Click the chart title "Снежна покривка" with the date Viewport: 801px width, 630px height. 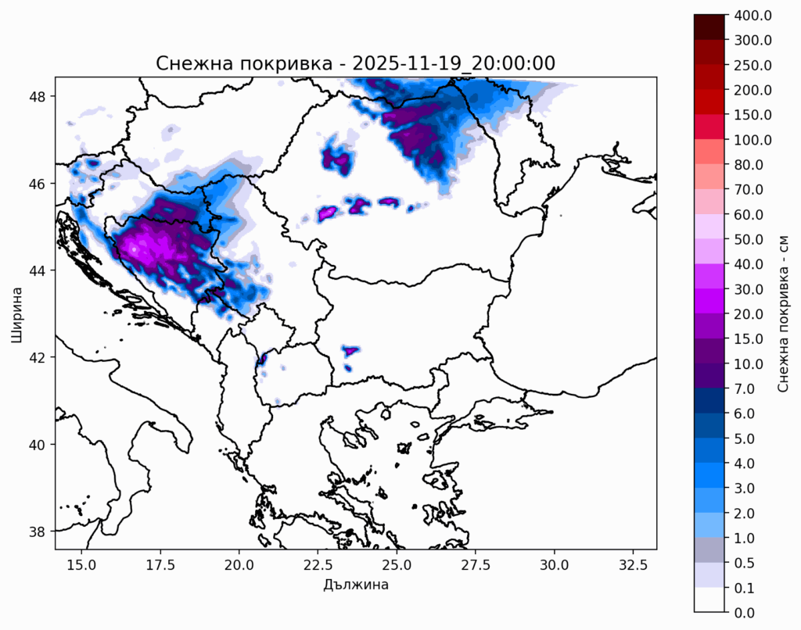(355, 63)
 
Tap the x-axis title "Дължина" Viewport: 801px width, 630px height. (356, 585)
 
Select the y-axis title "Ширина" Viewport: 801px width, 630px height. (16, 313)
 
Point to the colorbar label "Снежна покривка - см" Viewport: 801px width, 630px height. (782, 313)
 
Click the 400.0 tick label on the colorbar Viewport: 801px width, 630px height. (753, 16)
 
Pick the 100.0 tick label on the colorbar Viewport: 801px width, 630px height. (753, 140)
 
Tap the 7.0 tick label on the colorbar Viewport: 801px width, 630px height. (745, 389)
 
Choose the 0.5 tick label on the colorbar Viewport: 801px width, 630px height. (745, 563)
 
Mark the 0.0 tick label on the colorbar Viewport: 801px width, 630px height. (745, 613)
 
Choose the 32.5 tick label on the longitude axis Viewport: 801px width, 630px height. (634, 565)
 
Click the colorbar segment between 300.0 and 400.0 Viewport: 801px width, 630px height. (709, 27)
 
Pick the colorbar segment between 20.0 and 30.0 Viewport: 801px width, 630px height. (709, 301)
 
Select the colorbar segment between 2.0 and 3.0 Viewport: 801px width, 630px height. (709, 500)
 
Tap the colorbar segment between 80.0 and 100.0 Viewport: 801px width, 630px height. (709, 152)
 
